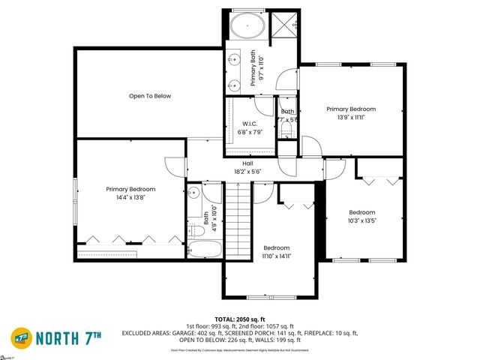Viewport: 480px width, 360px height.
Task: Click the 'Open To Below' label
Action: point(150,96)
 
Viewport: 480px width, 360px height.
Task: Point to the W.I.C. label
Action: point(250,124)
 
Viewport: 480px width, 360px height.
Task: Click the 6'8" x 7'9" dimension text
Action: point(250,132)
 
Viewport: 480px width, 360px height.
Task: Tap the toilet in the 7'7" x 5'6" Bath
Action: point(286,131)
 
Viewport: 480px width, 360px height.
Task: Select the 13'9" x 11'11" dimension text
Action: point(351,117)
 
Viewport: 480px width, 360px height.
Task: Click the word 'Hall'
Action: point(247,163)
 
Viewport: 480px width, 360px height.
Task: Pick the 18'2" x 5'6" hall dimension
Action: point(247,171)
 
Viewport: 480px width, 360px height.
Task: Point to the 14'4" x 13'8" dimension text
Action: point(130,197)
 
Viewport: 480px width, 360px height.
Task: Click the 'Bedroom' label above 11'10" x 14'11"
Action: point(276,247)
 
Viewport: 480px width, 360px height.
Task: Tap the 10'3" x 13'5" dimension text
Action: point(361,220)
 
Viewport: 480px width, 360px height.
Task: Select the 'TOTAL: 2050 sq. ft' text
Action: point(239,319)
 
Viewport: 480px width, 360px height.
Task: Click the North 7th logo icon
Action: point(22,336)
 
